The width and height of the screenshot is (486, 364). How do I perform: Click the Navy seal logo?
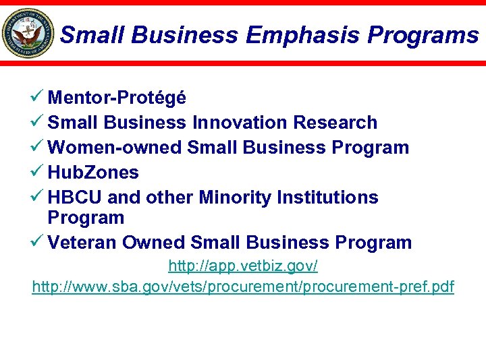[28, 33]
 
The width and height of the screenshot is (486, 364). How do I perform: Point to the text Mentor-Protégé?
[117, 98]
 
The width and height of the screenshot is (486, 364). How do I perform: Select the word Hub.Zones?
[93, 173]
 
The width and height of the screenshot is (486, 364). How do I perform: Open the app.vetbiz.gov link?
[243, 266]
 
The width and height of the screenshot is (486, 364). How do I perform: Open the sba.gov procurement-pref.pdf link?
[243, 287]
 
